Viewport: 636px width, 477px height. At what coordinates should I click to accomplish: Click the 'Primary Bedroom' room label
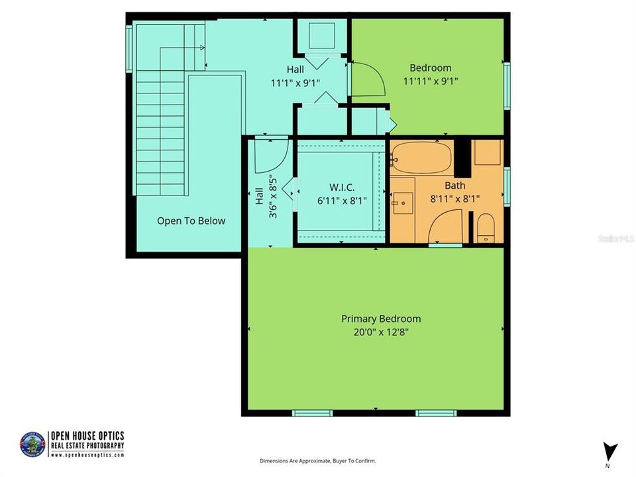(x=381, y=319)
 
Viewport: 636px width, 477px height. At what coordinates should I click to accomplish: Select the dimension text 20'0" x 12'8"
(x=381, y=333)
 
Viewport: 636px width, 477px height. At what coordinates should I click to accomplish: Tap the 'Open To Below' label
(x=191, y=221)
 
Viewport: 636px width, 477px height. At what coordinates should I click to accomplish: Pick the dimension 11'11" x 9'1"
(x=431, y=81)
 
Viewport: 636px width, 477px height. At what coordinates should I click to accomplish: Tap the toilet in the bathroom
(x=486, y=228)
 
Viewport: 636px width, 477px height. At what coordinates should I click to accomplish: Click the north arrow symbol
(x=611, y=451)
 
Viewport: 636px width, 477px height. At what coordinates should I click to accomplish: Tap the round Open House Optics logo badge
(x=32, y=444)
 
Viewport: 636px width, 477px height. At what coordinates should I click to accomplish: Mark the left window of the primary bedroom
(x=312, y=413)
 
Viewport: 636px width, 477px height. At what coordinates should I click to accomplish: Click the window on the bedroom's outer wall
(x=507, y=85)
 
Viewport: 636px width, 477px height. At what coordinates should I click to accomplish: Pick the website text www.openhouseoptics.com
(x=87, y=456)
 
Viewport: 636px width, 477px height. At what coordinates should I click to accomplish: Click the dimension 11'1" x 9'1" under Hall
(x=295, y=83)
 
